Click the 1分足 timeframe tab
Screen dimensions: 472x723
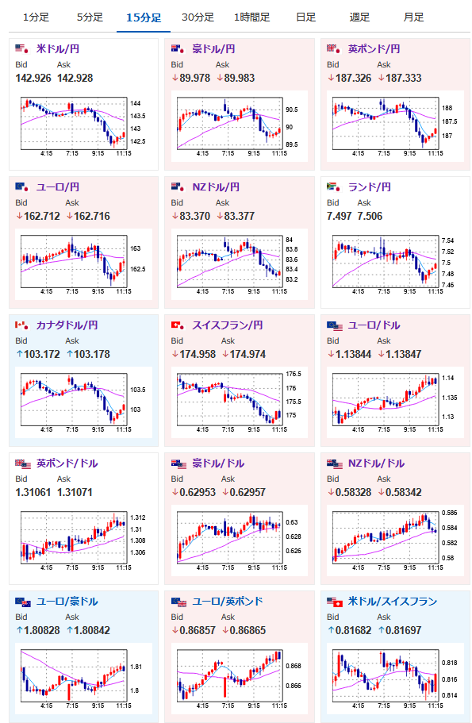tap(36, 17)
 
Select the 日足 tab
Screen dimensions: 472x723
tap(305, 17)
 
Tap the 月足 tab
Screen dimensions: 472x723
tap(413, 17)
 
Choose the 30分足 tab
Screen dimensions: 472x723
tap(198, 17)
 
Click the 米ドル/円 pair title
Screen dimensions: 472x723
tap(58, 49)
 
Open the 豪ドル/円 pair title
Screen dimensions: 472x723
tap(213, 49)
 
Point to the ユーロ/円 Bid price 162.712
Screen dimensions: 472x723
tap(42, 216)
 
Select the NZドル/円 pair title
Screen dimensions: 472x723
tap(216, 187)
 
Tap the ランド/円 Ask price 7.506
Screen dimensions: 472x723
tap(370, 216)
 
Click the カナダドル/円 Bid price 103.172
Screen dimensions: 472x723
tap(42, 354)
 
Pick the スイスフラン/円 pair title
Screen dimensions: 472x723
tap(227, 325)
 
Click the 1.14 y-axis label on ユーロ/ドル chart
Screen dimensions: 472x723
tap(447, 378)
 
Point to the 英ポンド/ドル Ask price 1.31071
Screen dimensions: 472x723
tap(75, 492)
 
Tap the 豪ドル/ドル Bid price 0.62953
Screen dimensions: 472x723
tap(198, 492)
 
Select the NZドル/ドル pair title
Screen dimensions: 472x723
tap(376, 463)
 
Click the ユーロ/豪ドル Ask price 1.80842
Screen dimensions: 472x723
tap(92, 630)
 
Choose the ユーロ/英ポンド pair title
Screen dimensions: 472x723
tap(227, 602)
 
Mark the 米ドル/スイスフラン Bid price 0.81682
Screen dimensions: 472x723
tap(354, 630)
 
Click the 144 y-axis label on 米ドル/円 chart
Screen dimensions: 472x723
tap(135, 103)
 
